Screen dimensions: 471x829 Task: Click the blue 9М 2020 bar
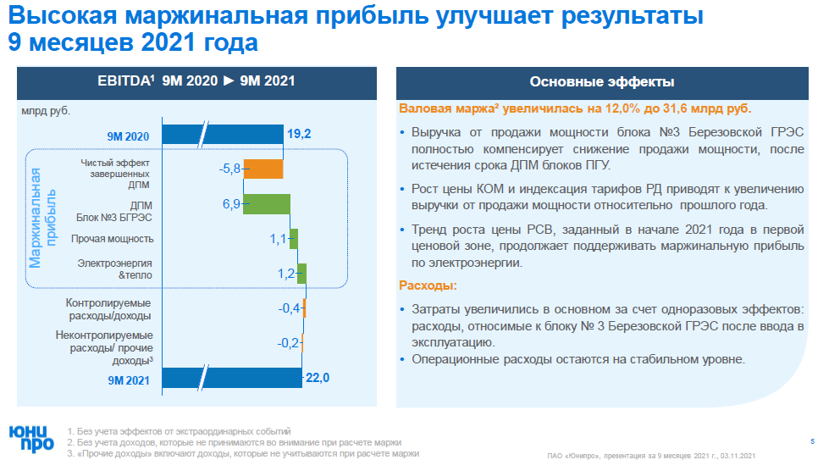point(222,135)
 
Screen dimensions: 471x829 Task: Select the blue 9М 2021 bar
point(232,378)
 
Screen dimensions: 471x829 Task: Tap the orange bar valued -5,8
point(263,169)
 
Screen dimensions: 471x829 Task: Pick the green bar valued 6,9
point(267,204)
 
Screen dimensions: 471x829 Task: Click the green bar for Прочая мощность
point(294,239)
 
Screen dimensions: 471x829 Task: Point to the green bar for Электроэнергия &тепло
point(301,274)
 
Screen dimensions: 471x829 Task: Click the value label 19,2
point(299,135)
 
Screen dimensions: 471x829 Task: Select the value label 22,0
point(318,378)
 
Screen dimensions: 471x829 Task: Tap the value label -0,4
point(289,308)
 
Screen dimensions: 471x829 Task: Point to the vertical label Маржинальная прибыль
point(41,218)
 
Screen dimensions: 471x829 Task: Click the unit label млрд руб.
point(46,110)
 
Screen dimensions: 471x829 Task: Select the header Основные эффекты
point(601,82)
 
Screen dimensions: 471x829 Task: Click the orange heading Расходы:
point(428,285)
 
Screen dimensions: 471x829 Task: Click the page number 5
point(812,441)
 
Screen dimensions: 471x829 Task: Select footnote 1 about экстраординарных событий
point(178,431)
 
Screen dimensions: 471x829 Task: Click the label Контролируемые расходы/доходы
point(108,308)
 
